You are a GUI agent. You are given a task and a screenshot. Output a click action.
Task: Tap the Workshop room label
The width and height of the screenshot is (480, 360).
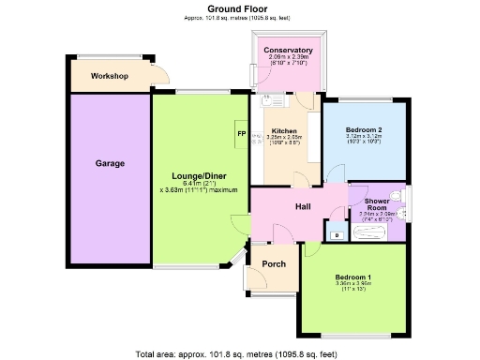(x=111, y=76)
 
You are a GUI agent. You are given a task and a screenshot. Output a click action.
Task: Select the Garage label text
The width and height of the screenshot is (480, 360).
(x=110, y=163)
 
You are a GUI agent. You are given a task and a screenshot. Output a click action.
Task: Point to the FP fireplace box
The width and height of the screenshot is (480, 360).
(x=242, y=135)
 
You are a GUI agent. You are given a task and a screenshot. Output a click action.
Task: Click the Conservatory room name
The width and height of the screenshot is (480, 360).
(x=288, y=50)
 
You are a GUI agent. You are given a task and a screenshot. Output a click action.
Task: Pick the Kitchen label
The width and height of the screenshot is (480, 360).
(x=284, y=131)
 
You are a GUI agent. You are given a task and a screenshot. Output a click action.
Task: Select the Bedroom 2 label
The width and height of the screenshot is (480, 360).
(x=364, y=128)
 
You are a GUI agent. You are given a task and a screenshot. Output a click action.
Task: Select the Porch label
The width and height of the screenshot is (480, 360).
(x=274, y=263)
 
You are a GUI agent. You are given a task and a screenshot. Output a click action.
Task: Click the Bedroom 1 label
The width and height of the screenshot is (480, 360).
(x=355, y=278)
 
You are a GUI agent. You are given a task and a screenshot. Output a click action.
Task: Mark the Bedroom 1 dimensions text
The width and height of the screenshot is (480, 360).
(x=355, y=289)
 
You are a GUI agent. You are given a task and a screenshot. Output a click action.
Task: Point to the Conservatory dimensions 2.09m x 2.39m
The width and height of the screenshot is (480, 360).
(x=288, y=60)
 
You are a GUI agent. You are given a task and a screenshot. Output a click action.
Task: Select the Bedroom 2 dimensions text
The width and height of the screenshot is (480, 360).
(x=364, y=139)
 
